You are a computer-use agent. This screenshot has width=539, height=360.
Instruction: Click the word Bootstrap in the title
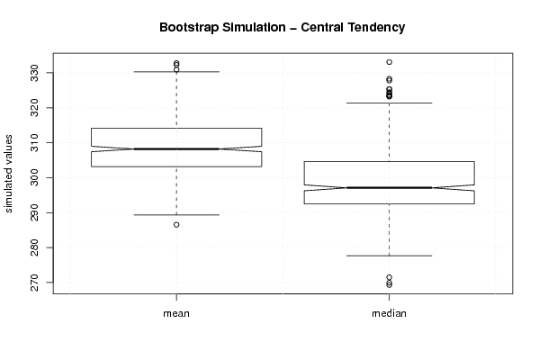[x=188, y=28]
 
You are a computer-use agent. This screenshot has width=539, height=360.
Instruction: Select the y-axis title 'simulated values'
[x=8, y=174]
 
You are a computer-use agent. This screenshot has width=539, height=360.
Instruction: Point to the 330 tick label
[x=34, y=73]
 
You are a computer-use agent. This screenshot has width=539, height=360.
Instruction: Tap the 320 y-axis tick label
[x=34, y=108]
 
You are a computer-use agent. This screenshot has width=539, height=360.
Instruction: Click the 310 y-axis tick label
[x=34, y=143]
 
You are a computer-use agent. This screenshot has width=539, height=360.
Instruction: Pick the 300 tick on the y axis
[x=34, y=178]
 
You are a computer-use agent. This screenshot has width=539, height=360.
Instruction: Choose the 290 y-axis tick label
[x=34, y=212]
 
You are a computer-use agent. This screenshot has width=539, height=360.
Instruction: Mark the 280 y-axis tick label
[x=34, y=247]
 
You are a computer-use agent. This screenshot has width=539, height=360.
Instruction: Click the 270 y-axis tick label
[x=34, y=283]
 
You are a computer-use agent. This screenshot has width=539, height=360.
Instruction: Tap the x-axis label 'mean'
[x=176, y=313]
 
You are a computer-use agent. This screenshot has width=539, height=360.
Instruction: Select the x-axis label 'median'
[x=389, y=313]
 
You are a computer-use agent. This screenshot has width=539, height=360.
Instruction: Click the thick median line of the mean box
[x=176, y=148]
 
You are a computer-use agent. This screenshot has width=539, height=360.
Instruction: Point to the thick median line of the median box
[x=389, y=188]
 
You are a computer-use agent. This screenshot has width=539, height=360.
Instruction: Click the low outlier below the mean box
[x=176, y=225]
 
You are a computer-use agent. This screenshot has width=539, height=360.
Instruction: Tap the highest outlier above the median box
[x=389, y=62]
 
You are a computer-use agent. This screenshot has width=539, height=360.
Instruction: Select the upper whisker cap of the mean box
[x=176, y=72]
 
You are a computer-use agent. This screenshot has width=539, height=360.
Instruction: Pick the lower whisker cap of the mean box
[x=176, y=215]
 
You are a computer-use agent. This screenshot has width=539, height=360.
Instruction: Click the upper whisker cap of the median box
[x=389, y=103]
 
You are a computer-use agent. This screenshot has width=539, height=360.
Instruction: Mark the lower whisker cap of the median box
[x=389, y=256]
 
